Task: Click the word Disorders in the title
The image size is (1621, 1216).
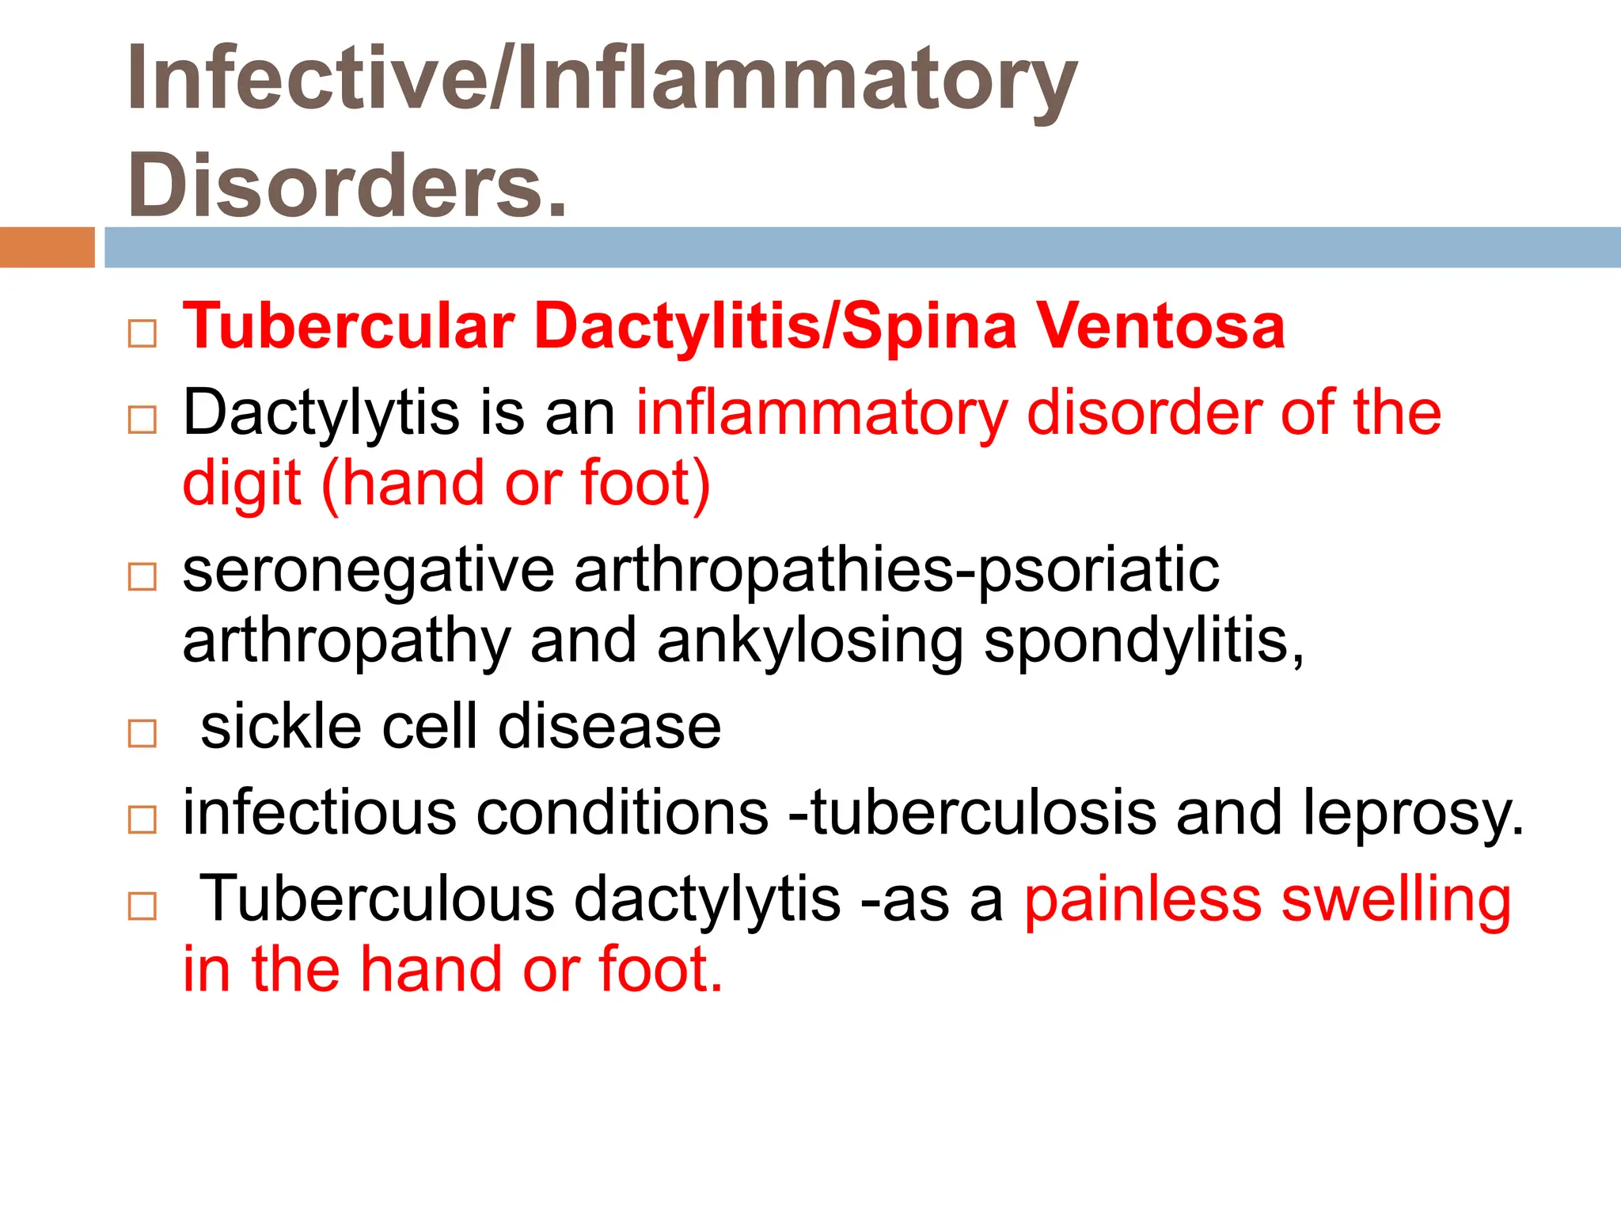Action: (347, 185)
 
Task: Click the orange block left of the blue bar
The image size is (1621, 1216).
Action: (47, 247)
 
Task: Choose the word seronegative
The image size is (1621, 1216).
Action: (369, 570)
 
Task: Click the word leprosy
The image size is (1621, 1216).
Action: (1414, 814)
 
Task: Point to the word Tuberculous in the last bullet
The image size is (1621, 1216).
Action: (377, 899)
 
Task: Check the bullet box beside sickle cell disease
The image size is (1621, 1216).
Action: (142, 734)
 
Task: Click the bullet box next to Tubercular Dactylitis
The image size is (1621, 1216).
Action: (142, 333)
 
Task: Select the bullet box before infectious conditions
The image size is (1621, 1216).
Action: (142, 819)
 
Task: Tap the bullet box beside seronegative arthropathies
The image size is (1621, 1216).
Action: (142, 577)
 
